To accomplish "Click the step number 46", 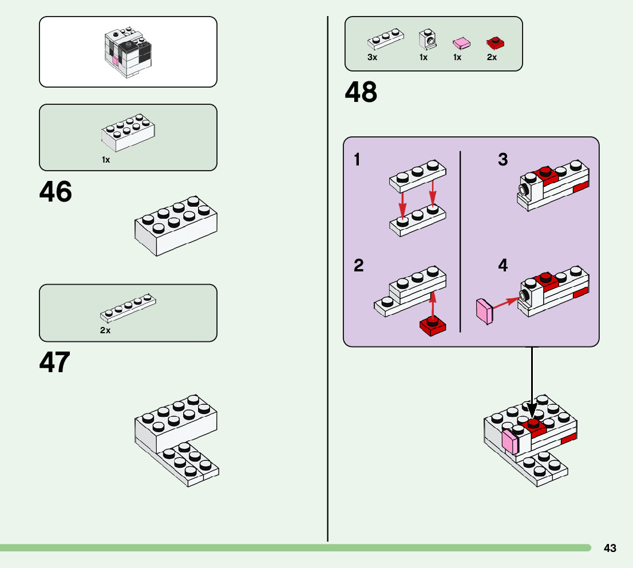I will click(x=56, y=192).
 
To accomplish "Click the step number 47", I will click(x=55, y=362).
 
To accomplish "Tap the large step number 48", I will click(x=361, y=93).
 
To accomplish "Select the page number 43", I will click(x=610, y=549).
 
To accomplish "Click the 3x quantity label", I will click(x=373, y=57).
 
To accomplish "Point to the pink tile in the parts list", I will click(x=461, y=43).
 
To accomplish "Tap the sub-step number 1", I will click(x=358, y=160).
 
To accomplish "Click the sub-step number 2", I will click(x=359, y=266).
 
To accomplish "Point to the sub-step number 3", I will click(x=503, y=160).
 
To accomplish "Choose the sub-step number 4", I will click(x=503, y=266).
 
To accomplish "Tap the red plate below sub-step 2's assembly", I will click(x=434, y=325).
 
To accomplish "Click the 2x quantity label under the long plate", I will click(x=105, y=330).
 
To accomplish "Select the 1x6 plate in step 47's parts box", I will click(x=128, y=307).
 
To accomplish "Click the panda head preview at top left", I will click(x=128, y=52).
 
